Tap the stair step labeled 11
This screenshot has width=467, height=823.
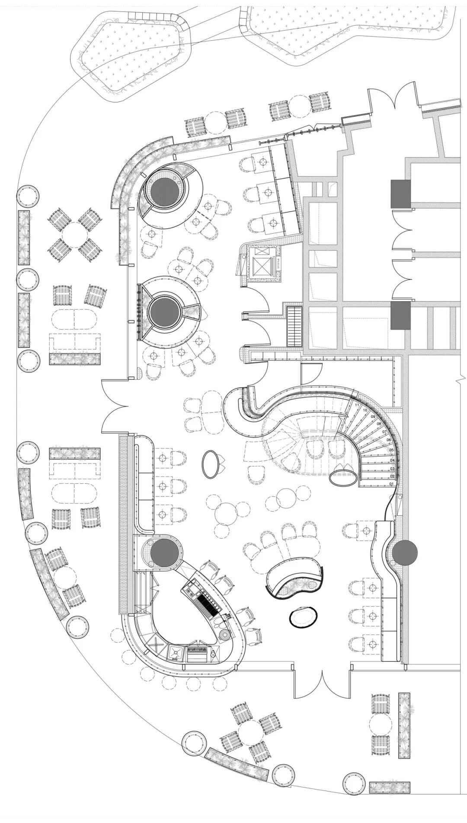pos(357,405)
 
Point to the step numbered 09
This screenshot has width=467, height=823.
pos(373,417)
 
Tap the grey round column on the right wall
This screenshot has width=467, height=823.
pos(405,553)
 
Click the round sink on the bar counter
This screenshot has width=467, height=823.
pos(226,634)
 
